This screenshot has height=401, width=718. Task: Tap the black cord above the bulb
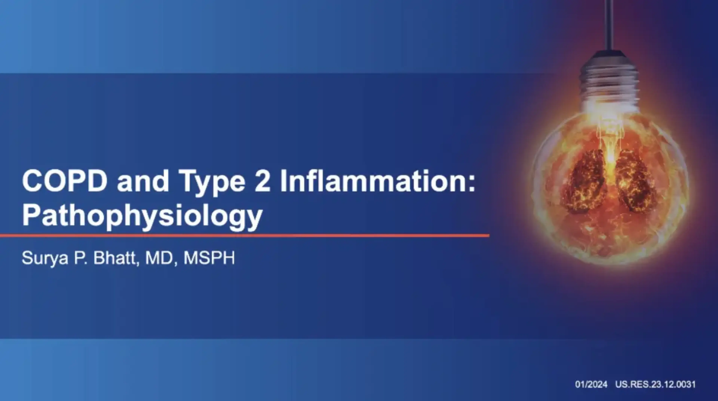click(x=609, y=25)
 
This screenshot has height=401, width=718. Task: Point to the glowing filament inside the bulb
click(x=610, y=139)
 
